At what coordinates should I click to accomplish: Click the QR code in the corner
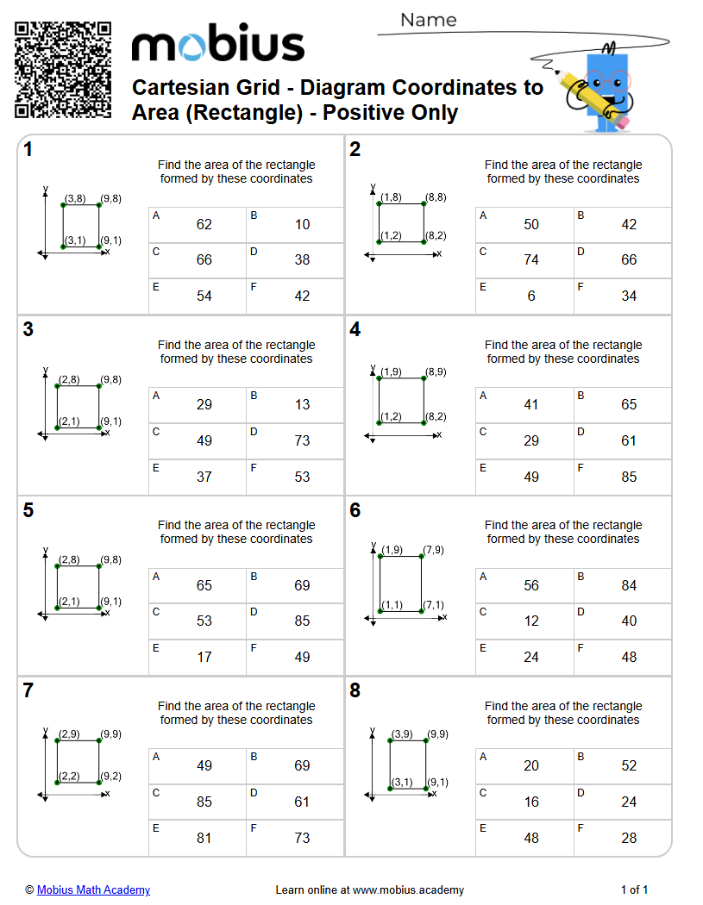pyautogui.click(x=63, y=70)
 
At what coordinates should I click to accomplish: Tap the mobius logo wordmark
pyautogui.click(x=217, y=45)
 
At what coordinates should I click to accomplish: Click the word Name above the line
pyautogui.click(x=428, y=20)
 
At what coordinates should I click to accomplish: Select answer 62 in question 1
pyautogui.click(x=204, y=225)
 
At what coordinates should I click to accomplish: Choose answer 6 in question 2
pyautogui.click(x=530, y=296)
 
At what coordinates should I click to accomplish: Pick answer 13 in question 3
pyautogui.click(x=302, y=405)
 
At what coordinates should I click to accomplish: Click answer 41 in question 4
pyautogui.click(x=530, y=405)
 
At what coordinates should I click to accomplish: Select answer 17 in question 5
pyautogui.click(x=204, y=657)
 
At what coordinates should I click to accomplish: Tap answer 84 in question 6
pyautogui.click(x=629, y=586)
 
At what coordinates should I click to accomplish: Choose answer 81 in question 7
pyautogui.click(x=204, y=838)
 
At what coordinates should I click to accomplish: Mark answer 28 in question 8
pyautogui.click(x=629, y=838)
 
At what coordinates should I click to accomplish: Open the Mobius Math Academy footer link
pyautogui.click(x=93, y=890)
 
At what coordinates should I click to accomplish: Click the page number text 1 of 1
pyautogui.click(x=634, y=890)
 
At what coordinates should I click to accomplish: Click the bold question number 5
pyautogui.click(x=28, y=510)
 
